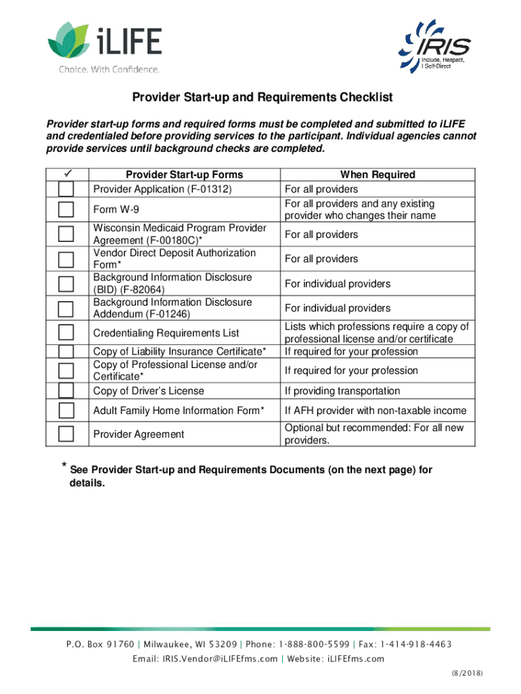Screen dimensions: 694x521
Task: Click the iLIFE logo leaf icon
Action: [67, 40]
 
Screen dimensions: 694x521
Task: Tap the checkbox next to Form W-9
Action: [66, 209]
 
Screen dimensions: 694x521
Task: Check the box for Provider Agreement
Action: [66, 434]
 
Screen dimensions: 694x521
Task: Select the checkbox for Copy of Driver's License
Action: [66, 390]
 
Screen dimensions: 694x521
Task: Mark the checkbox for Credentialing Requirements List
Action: [66, 333]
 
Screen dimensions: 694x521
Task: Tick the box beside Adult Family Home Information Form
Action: [66, 411]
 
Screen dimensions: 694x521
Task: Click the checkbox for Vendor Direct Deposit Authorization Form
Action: [66, 259]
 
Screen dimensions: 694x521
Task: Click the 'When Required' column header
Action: [378, 175]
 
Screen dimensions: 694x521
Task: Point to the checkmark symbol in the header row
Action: [66, 174]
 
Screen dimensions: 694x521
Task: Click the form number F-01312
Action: [209, 189]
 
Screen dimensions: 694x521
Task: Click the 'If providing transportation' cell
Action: [342, 391]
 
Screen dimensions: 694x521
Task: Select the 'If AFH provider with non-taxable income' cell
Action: [376, 411]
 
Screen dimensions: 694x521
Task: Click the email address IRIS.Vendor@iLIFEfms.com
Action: [205, 659]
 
